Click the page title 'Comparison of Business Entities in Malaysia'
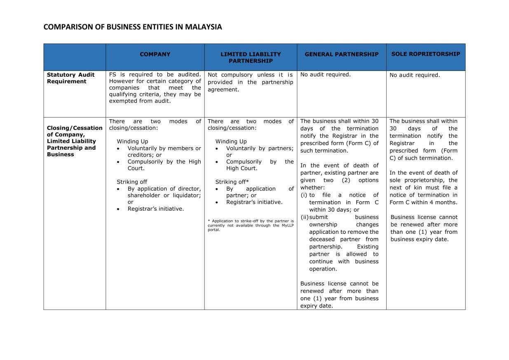(132, 27)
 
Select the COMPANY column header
(155, 54)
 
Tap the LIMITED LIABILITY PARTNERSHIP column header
(251, 57)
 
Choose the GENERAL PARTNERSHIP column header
(341, 54)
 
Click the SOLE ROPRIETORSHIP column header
(425, 54)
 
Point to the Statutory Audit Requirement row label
(70, 78)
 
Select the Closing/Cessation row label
(75, 141)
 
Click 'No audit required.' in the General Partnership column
(325, 75)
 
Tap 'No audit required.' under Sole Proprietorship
(415, 75)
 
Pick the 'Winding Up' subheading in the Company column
(132, 141)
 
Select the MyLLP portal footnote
(251, 225)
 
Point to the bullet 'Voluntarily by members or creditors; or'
(164, 151)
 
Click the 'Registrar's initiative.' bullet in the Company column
(155, 209)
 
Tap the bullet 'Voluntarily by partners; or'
(260, 151)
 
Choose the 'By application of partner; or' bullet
(260, 192)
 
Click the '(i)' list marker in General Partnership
(304, 195)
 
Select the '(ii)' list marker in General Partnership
(305, 217)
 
